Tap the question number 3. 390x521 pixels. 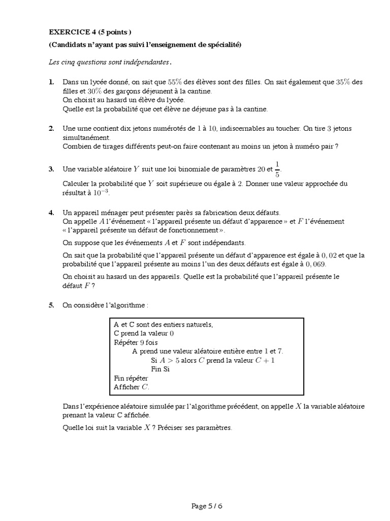51,169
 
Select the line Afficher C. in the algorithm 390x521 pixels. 132,387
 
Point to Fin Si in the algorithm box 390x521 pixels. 160,369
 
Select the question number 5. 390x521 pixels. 51,305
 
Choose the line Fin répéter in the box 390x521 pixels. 131,379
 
